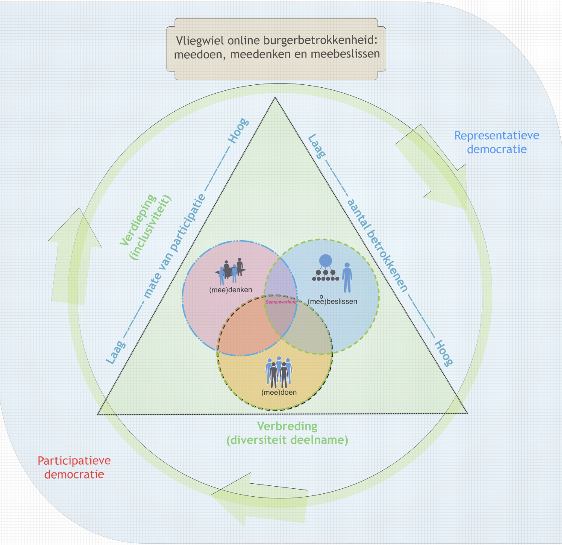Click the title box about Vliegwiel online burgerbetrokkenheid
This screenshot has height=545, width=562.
276,48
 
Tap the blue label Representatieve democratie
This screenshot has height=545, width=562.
497,142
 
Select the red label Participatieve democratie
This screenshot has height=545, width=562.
74,467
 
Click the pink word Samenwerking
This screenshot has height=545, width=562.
281,302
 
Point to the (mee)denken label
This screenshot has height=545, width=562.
230,290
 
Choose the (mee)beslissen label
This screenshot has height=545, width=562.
332,301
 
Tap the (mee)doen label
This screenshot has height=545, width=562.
279,393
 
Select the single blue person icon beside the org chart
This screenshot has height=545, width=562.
347,278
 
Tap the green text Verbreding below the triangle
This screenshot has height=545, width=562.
287,426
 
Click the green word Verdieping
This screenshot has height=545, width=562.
138,220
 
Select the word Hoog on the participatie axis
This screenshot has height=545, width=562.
238,131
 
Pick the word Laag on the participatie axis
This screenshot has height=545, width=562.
116,351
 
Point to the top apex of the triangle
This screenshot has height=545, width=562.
275,98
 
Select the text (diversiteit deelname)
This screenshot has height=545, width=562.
287,440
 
